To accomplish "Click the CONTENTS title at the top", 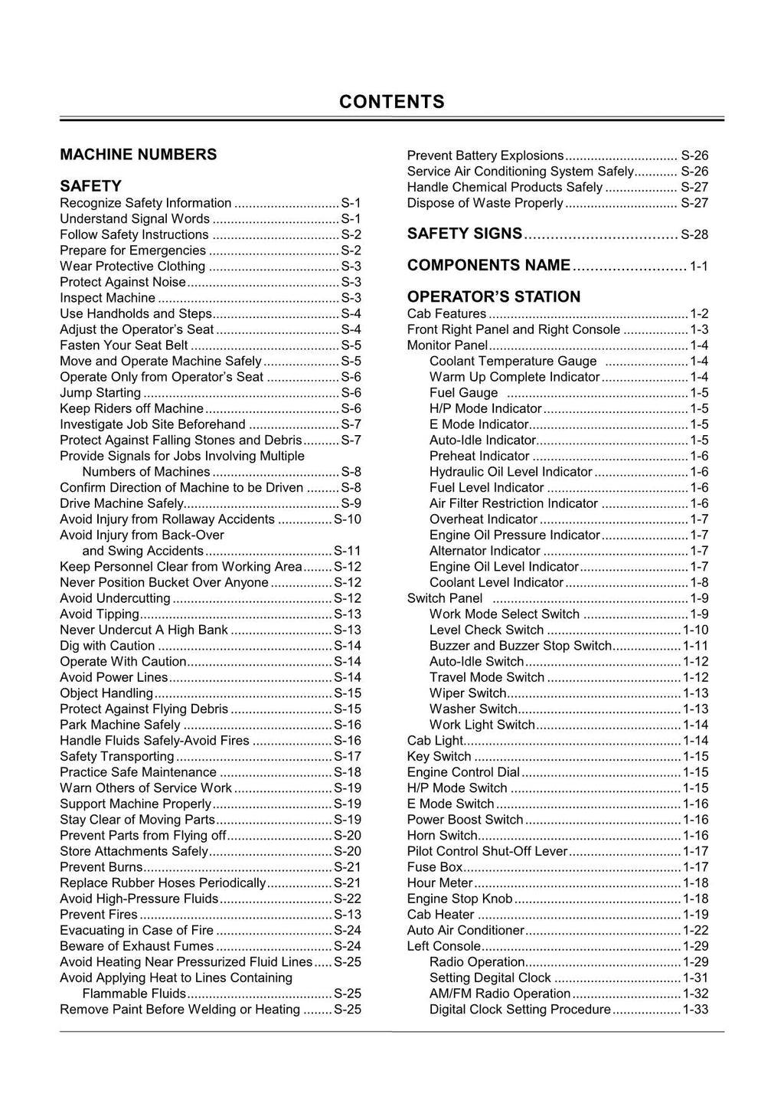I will click(x=391, y=102).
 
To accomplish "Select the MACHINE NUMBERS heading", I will click(x=138, y=154).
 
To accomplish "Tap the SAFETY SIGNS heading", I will click(x=465, y=234).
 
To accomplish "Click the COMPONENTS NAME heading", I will click(x=488, y=265).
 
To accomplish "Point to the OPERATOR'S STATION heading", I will click(x=493, y=296).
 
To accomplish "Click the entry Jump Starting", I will click(x=100, y=392).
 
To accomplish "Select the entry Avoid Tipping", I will click(x=100, y=614).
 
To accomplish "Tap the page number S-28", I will click(x=694, y=234).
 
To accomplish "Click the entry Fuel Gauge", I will click(x=463, y=392).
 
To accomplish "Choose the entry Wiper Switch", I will click(x=468, y=693).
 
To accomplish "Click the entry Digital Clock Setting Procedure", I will click(x=520, y=1009).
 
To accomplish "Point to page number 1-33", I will click(x=695, y=1009).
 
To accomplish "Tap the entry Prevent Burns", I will click(x=101, y=866).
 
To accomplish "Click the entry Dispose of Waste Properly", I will click(x=485, y=203).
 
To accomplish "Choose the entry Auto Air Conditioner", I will click(x=465, y=930).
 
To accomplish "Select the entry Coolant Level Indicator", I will click(x=496, y=582).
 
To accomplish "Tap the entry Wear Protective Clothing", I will click(x=132, y=266).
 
